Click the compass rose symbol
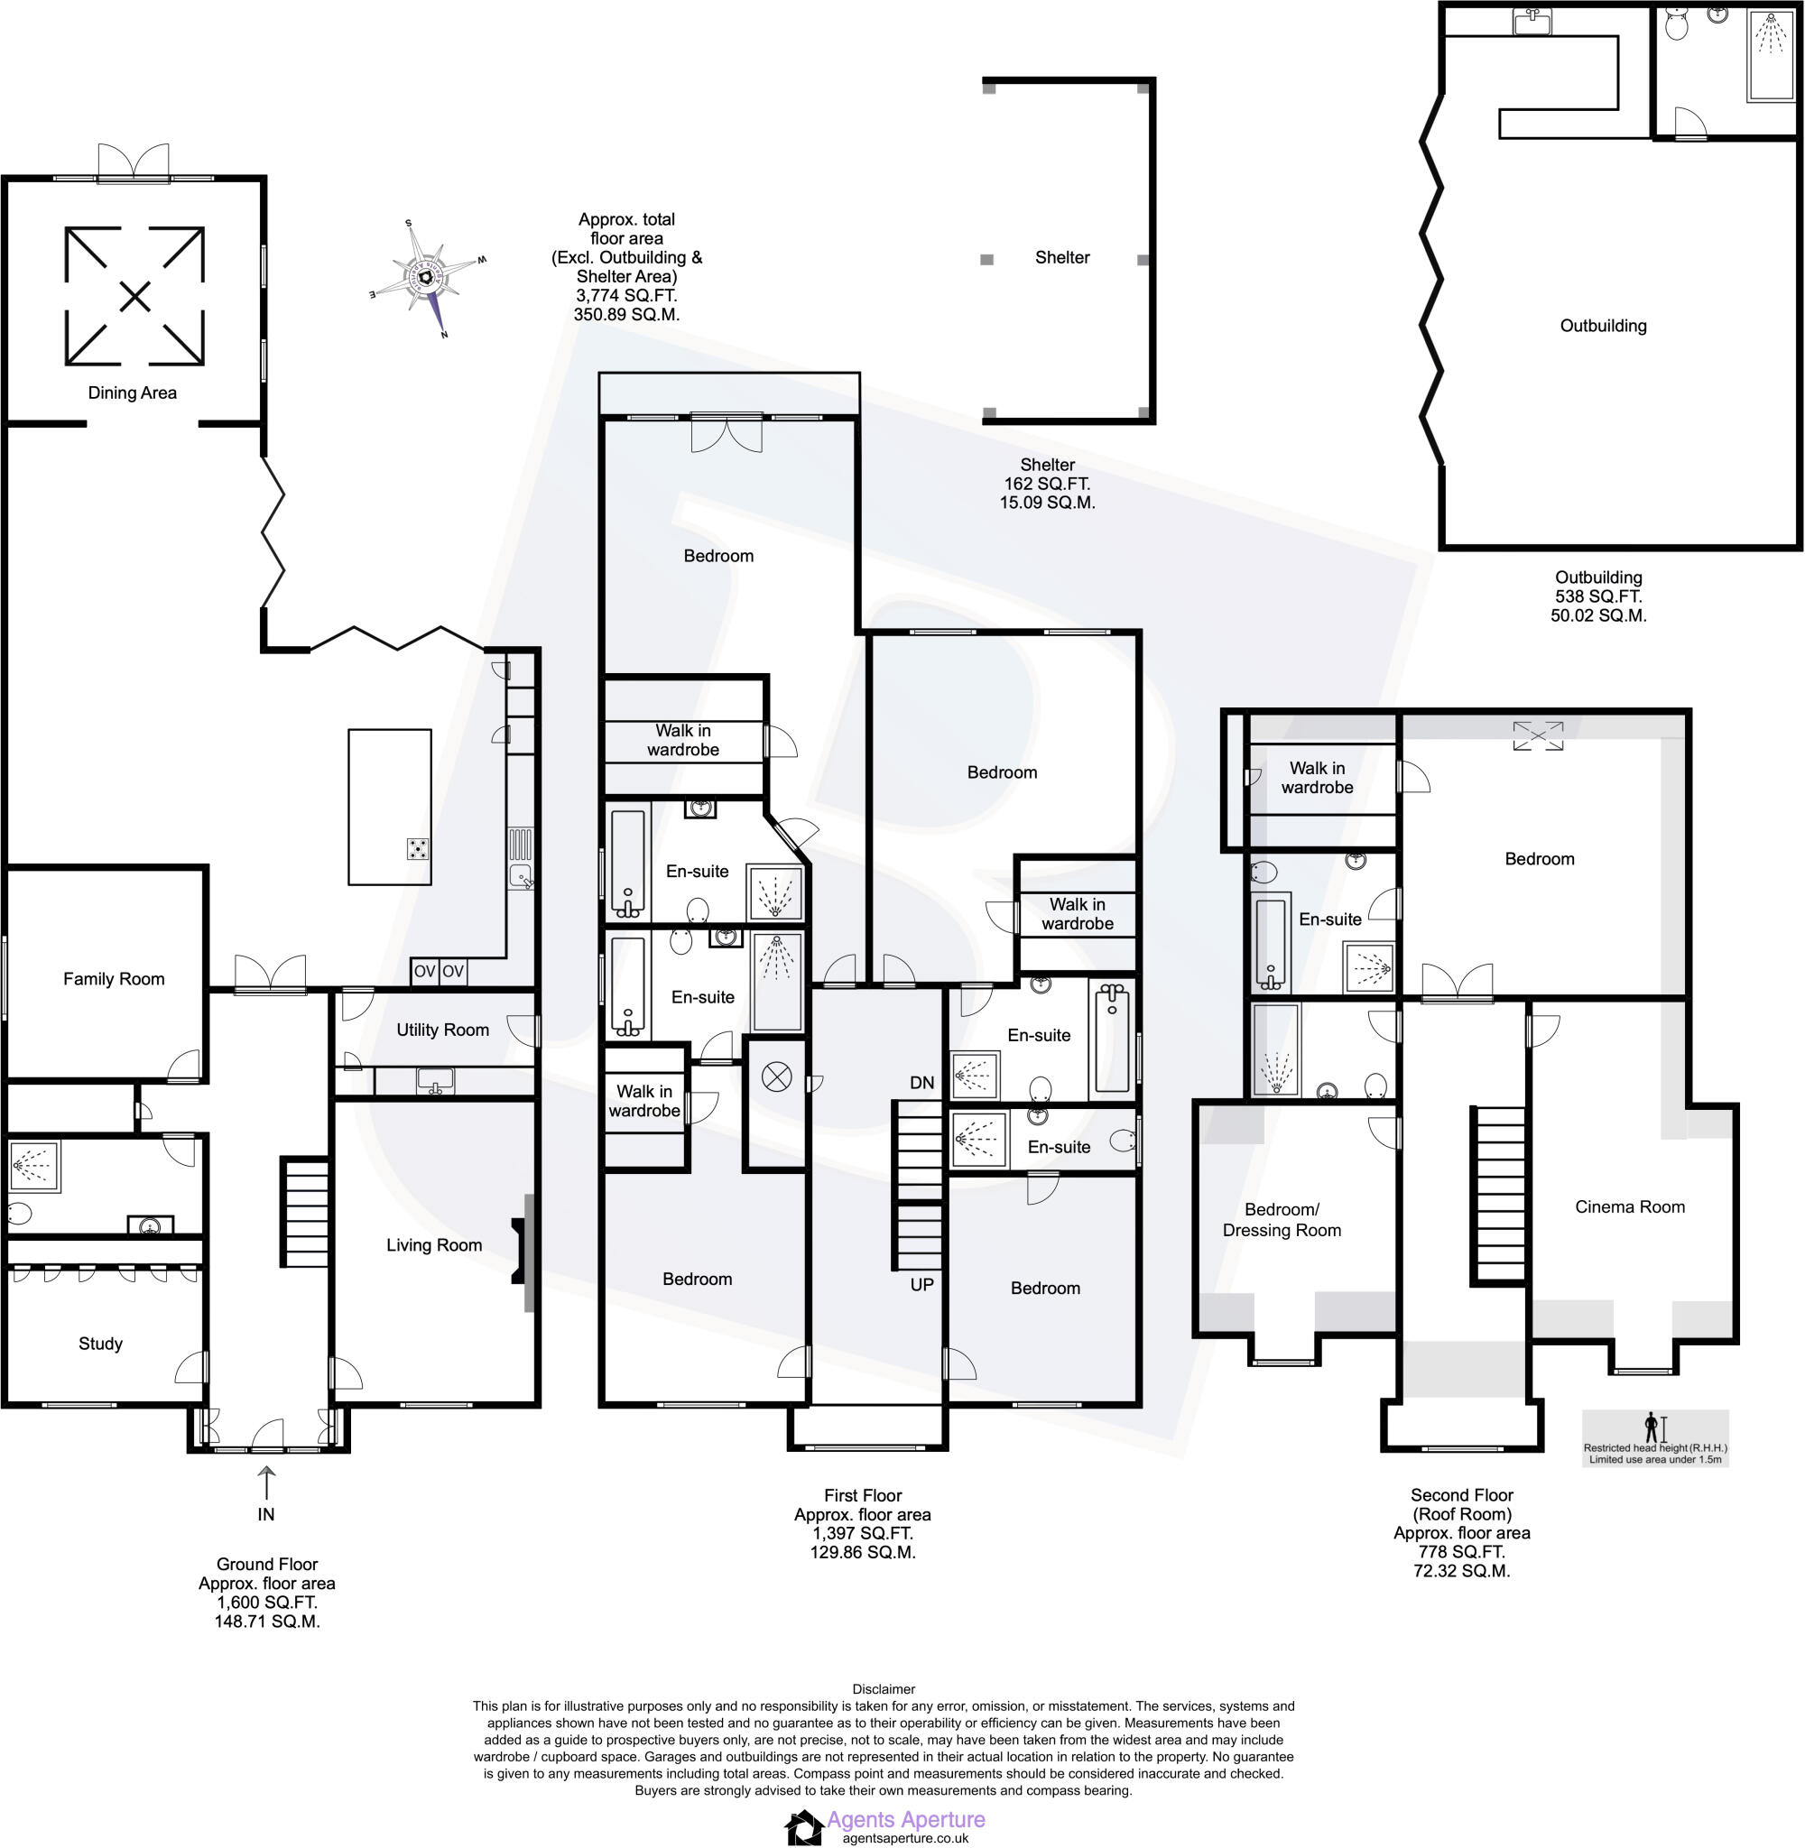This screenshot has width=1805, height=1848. tap(427, 278)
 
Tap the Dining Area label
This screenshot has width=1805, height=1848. tap(132, 393)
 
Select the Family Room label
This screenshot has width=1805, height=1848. tap(114, 979)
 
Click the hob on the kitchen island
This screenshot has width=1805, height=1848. tap(417, 848)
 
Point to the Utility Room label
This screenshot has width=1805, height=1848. tap(443, 1030)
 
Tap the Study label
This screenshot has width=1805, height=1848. tap(100, 1343)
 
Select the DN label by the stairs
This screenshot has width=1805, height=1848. tap(921, 1082)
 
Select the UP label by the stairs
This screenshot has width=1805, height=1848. tap(921, 1284)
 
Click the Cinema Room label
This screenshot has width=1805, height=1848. tap(1630, 1206)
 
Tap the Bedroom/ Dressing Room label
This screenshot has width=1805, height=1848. tap(1282, 1220)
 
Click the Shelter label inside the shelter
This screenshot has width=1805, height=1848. tap(1061, 257)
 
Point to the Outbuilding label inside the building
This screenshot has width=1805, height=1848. tap(1603, 325)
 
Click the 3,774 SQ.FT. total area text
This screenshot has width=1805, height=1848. tap(625, 296)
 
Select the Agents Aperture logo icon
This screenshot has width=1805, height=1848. tap(804, 1827)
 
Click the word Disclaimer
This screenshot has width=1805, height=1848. tap(884, 1689)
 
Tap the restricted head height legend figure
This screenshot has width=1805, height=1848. tap(1652, 1428)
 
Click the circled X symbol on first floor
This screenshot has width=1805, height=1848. tap(776, 1077)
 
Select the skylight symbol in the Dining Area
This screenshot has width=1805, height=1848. tap(134, 297)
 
